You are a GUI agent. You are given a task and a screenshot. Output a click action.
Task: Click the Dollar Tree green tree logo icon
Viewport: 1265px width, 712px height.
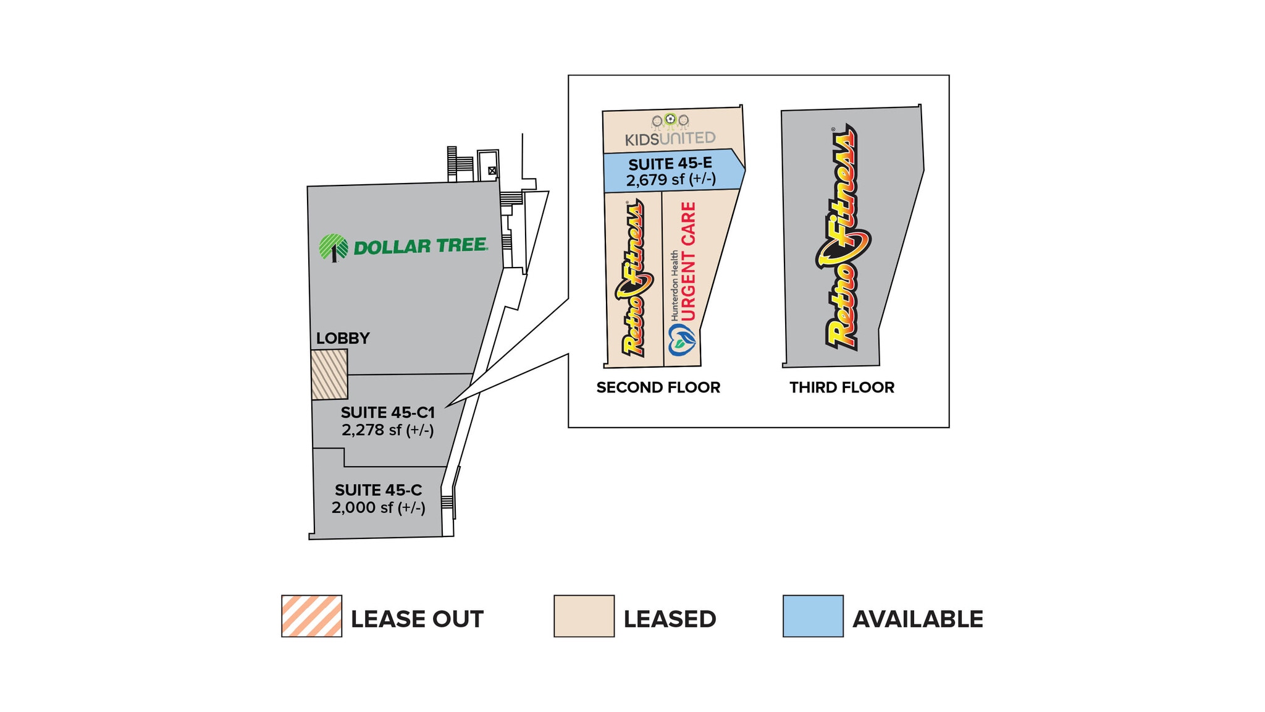[x=333, y=248]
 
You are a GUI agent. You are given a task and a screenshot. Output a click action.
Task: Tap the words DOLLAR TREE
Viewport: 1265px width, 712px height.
[x=421, y=247]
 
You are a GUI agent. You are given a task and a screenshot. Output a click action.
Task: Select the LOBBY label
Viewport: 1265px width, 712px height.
[x=343, y=338]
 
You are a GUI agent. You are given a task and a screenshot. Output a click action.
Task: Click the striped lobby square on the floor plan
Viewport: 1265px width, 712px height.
[x=329, y=375]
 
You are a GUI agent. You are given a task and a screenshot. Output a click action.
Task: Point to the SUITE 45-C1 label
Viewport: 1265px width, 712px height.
[x=388, y=412]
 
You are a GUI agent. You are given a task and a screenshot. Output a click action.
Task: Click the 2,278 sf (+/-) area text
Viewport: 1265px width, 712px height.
[x=388, y=430]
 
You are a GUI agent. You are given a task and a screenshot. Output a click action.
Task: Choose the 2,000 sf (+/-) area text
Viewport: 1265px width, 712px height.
[x=378, y=507]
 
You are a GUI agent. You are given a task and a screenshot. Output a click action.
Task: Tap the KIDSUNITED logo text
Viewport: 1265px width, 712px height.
[x=670, y=138]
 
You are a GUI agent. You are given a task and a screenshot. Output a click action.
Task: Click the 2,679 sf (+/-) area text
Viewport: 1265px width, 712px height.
[x=671, y=180]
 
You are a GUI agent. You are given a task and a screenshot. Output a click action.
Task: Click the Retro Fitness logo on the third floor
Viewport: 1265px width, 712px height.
[x=843, y=238]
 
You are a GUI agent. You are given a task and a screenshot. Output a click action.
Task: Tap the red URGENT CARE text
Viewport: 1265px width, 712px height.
[x=688, y=261]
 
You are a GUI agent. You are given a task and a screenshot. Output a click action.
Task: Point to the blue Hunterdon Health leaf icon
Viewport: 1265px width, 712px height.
[x=682, y=340]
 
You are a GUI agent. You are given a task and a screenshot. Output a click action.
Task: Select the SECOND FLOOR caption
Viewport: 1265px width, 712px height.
[x=658, y=388]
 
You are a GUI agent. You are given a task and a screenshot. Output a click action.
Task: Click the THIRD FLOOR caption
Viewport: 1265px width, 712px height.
[x=842, y=388]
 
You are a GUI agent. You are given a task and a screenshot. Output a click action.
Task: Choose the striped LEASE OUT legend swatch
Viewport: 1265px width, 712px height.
[x=311, y=616]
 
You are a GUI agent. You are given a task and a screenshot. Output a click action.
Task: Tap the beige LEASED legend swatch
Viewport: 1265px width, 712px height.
[x=584, y=616]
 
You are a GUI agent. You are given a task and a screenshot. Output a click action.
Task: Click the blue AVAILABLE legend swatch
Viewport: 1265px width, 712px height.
[x=813, y=616]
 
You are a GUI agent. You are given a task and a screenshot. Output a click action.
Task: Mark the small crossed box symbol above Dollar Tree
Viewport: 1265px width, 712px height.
[x=492, y=171]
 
